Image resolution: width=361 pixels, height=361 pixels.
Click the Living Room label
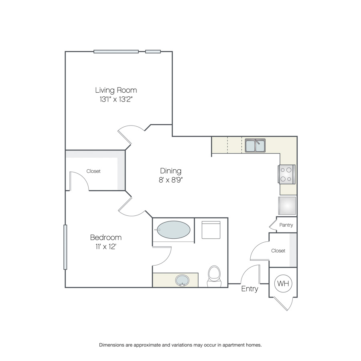pyautogui.click(x=116, y=90)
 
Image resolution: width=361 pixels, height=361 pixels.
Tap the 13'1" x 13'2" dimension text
pyautogui.click(x=116, y=99)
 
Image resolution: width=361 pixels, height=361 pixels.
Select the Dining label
pyautogui.click(x=170, y=171)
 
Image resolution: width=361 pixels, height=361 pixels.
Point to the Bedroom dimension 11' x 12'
pyautogui.click(x=105, y=247)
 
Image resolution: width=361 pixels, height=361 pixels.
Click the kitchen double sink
pyautogui.click(x=255, y=145)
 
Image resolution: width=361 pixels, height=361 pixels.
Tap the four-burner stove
pyautogui.click(x=287, y=174)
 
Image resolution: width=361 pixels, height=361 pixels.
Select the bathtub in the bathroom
pyautogui.click(x=173, y=230)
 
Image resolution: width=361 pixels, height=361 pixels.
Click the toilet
pyautogui.click(x=214, y=276)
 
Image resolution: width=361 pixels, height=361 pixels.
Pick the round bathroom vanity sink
pyautogui.click(x=182, y=280)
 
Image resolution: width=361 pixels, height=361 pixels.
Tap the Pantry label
pyautogui.click(x=286, y=225)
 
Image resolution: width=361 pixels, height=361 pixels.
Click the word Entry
pyautogui.click(x=249, y=289)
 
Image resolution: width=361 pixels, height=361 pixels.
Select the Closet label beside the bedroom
pyautogui.click(x=93, y=171)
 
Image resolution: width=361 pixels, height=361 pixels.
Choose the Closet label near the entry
pyautogui.click(x=278, y=251)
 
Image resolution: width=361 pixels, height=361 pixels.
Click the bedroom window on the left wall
pyautogui.click(x=65, y=247)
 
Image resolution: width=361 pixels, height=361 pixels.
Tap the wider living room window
pyautogui.click(x=116, y=52)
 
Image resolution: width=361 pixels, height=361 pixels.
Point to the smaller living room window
pyautogui.click(x=153, y=52)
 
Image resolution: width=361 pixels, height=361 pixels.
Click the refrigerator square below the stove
pyautogui.click(x=287, y=206)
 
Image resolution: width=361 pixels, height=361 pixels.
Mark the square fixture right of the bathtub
pyautogui.click(x=211, y=230)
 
